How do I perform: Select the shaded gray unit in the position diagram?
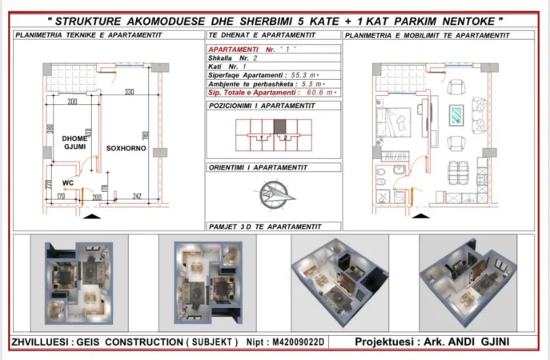(x=279, y=126)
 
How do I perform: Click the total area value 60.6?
(x=300, y=93)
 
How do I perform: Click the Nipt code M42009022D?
(x=303, y=342)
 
